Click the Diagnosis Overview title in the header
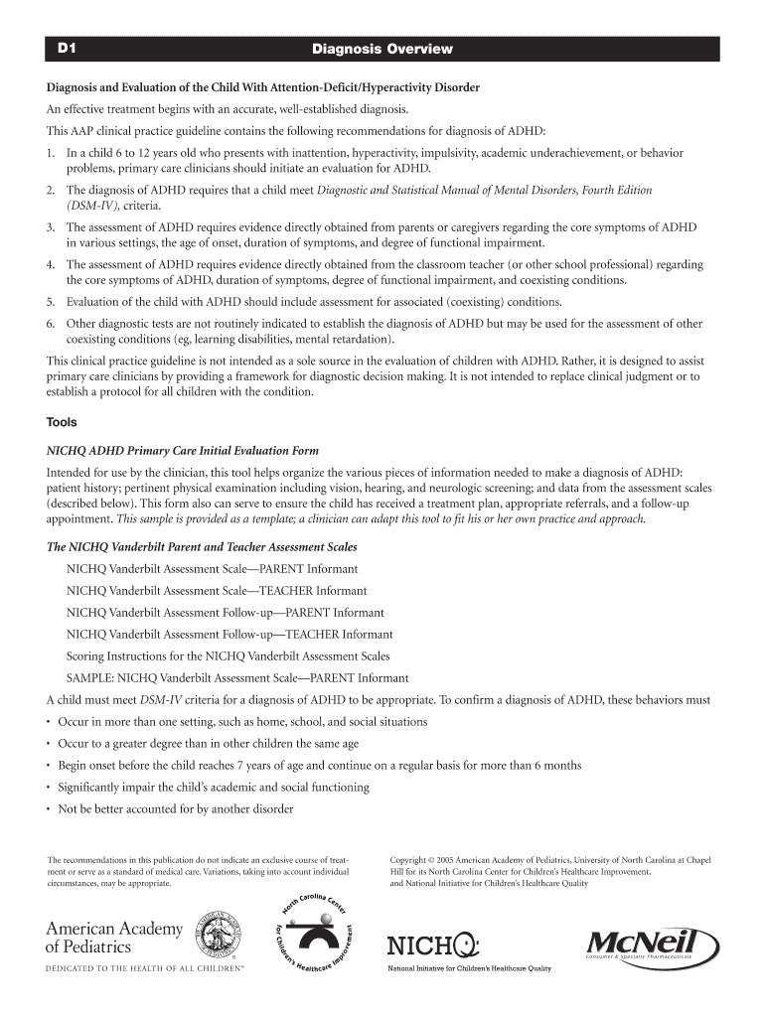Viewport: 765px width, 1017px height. click(382, 49)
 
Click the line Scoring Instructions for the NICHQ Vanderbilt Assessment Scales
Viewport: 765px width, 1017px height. click(228, 656)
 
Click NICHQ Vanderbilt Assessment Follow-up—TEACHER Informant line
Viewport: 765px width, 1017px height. click(229, 635)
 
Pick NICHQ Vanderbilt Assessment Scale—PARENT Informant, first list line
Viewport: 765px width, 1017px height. click(212, 569)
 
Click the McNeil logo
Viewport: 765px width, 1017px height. click(653, 944)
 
